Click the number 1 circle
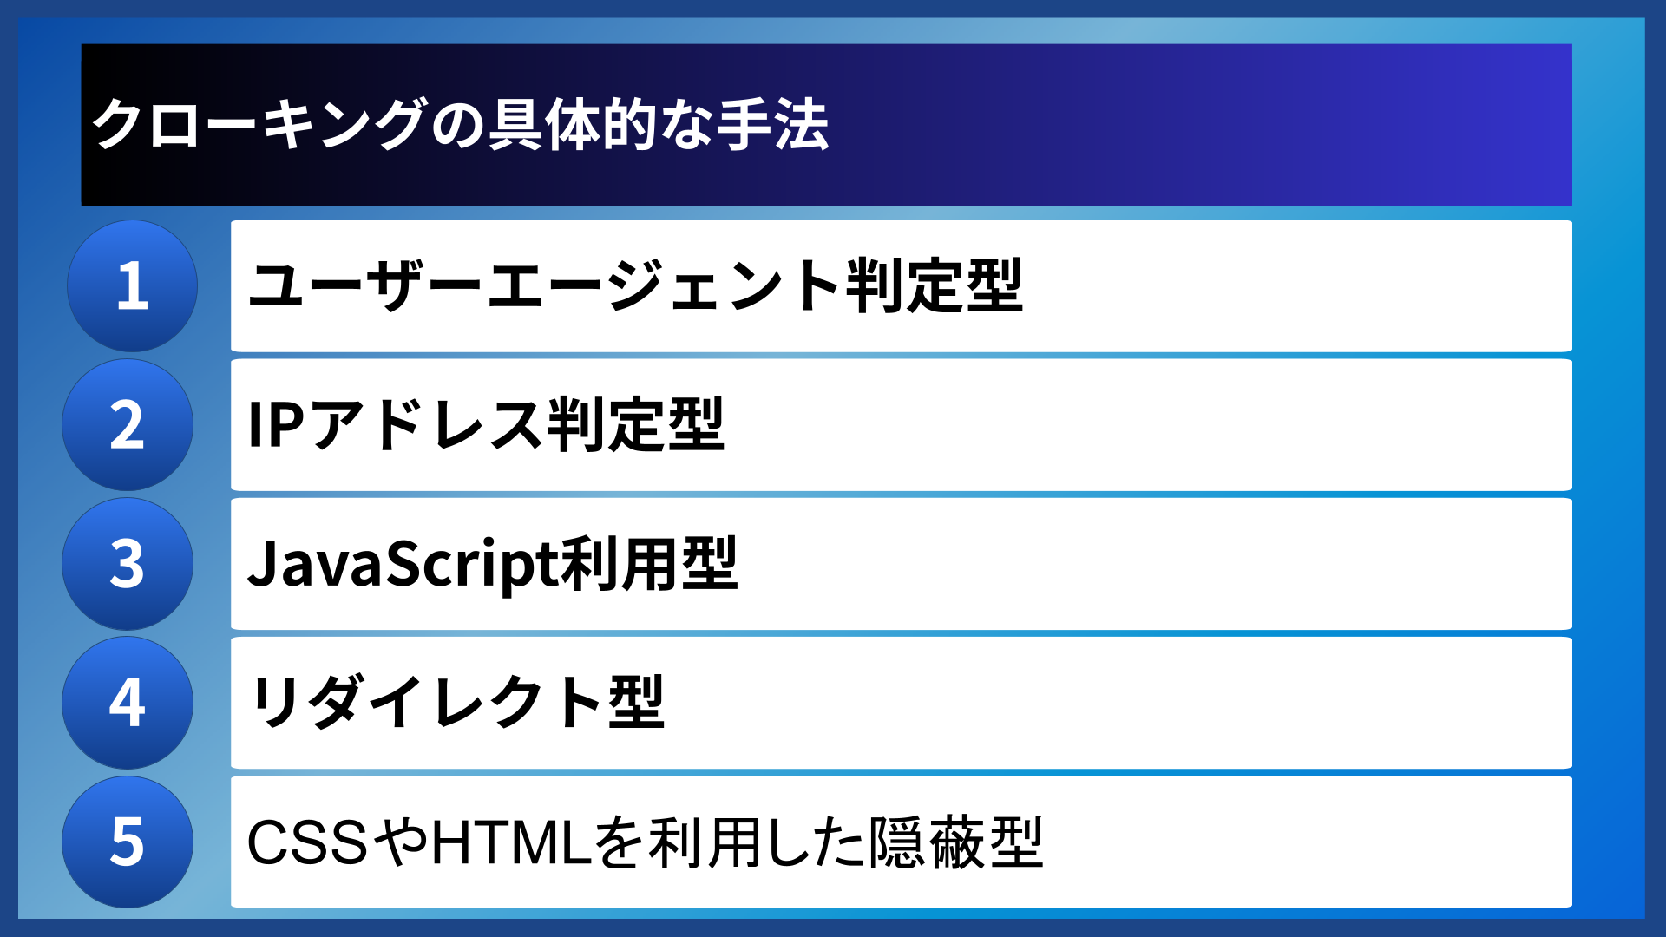tap(132, 286)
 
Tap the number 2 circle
tap(128, 425)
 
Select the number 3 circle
tap(128, 564)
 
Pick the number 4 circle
tap(128, 703)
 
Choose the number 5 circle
tap(128, 842)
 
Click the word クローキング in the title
tap(259, 125)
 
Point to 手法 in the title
tap(773, 125)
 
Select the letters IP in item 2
tap(276, 425)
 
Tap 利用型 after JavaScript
tap(649, 564)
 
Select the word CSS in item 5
tap(308, 842)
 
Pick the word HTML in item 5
tap(512, 842)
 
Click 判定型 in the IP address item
tap(636, 425)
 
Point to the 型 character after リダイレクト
tap(636, 703)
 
